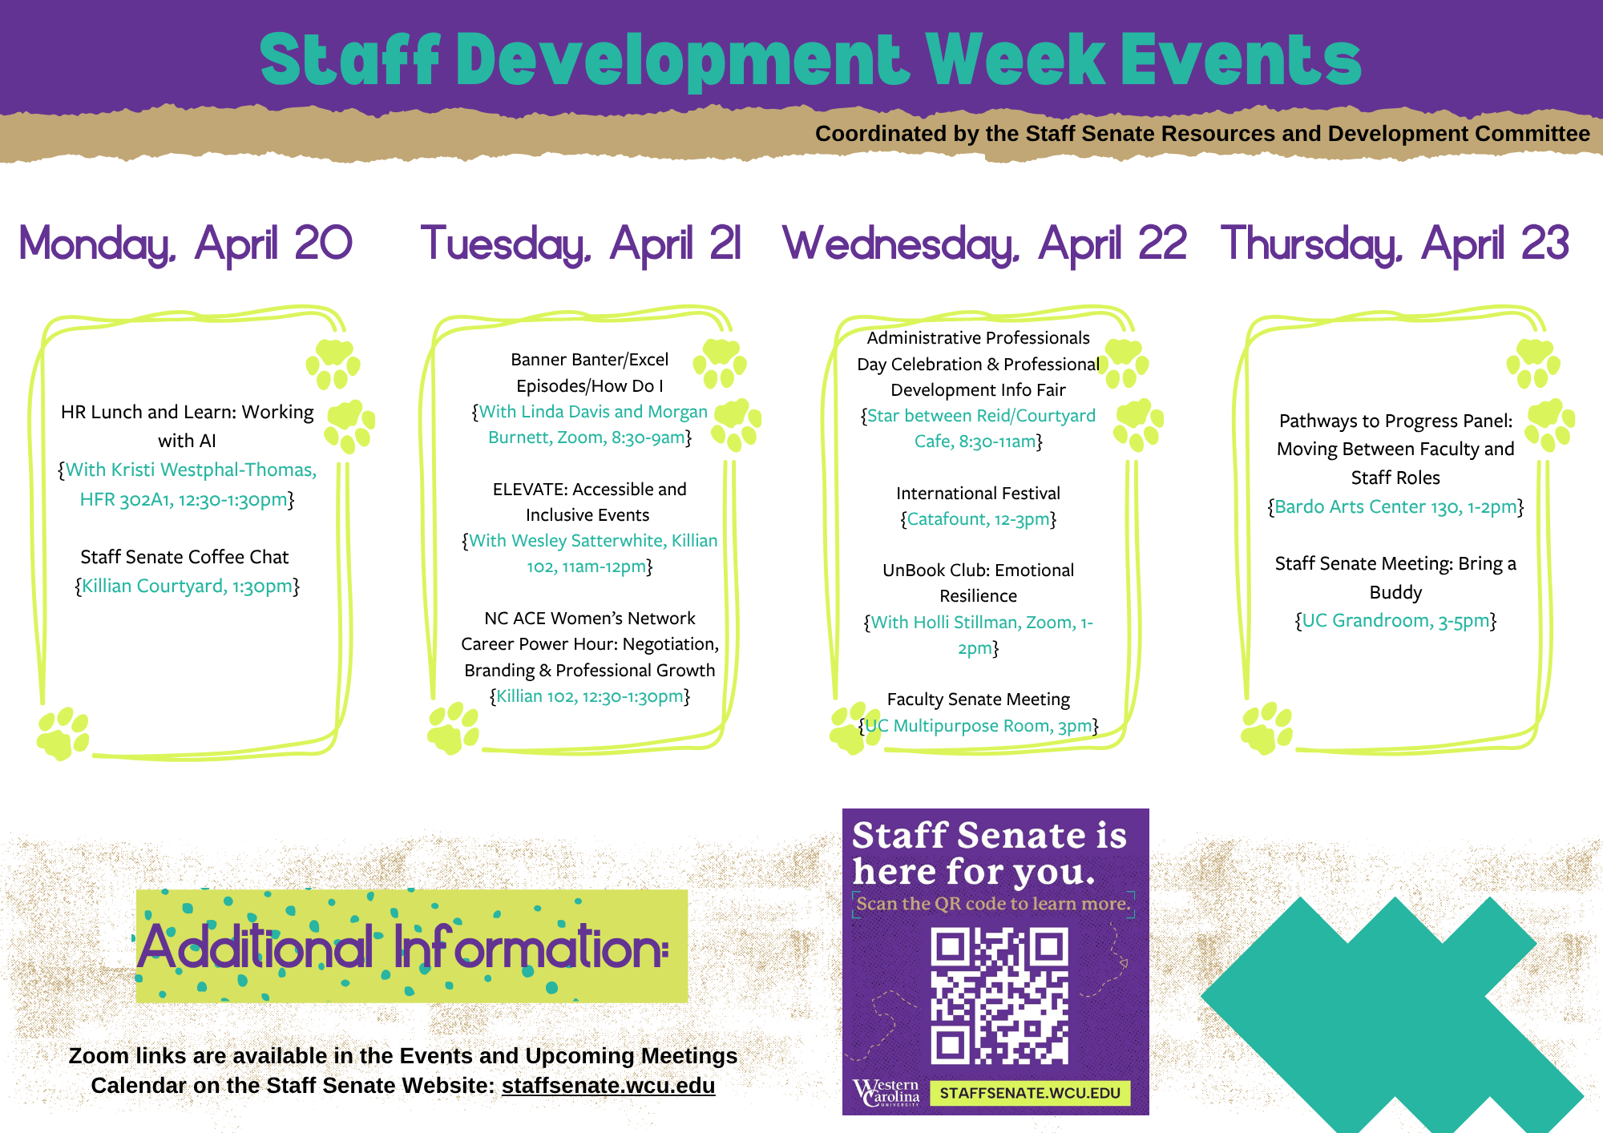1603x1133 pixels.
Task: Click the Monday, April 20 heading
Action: (x=185, y=244)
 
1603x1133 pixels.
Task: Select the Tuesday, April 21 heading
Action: (x=581, y=244)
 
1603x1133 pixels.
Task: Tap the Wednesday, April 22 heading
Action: (x=984, y=244)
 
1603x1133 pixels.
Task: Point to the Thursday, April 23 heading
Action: (x=1395, y=244)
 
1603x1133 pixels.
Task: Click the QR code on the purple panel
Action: (x=999, y=995)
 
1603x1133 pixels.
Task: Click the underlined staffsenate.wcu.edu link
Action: (x=608, y=1086)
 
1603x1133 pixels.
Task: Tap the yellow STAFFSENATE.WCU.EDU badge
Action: (x=1030, y=1093)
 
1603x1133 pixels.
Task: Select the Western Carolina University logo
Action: (x=886, y=1092)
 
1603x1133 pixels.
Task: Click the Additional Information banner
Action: (x=412, y=946)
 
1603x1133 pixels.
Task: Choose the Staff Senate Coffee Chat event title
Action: (x=184, y=557)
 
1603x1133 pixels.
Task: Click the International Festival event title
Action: (x=978, y=494)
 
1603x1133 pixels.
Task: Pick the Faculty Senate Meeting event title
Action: (x=978, y=700)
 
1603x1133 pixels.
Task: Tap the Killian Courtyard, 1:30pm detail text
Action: (x=188, y=587)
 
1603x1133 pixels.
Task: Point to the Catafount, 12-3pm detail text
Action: (x=978, y=519)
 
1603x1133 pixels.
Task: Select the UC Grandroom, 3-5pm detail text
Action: (x=1395, y=621)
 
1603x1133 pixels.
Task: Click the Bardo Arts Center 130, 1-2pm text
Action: (x=1395, y=507)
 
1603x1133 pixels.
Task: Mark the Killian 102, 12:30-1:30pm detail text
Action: (x=590, y=696)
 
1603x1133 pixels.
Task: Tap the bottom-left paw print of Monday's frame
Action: (x=63, y=733)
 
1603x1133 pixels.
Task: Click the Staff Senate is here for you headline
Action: (x=989, y=853)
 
